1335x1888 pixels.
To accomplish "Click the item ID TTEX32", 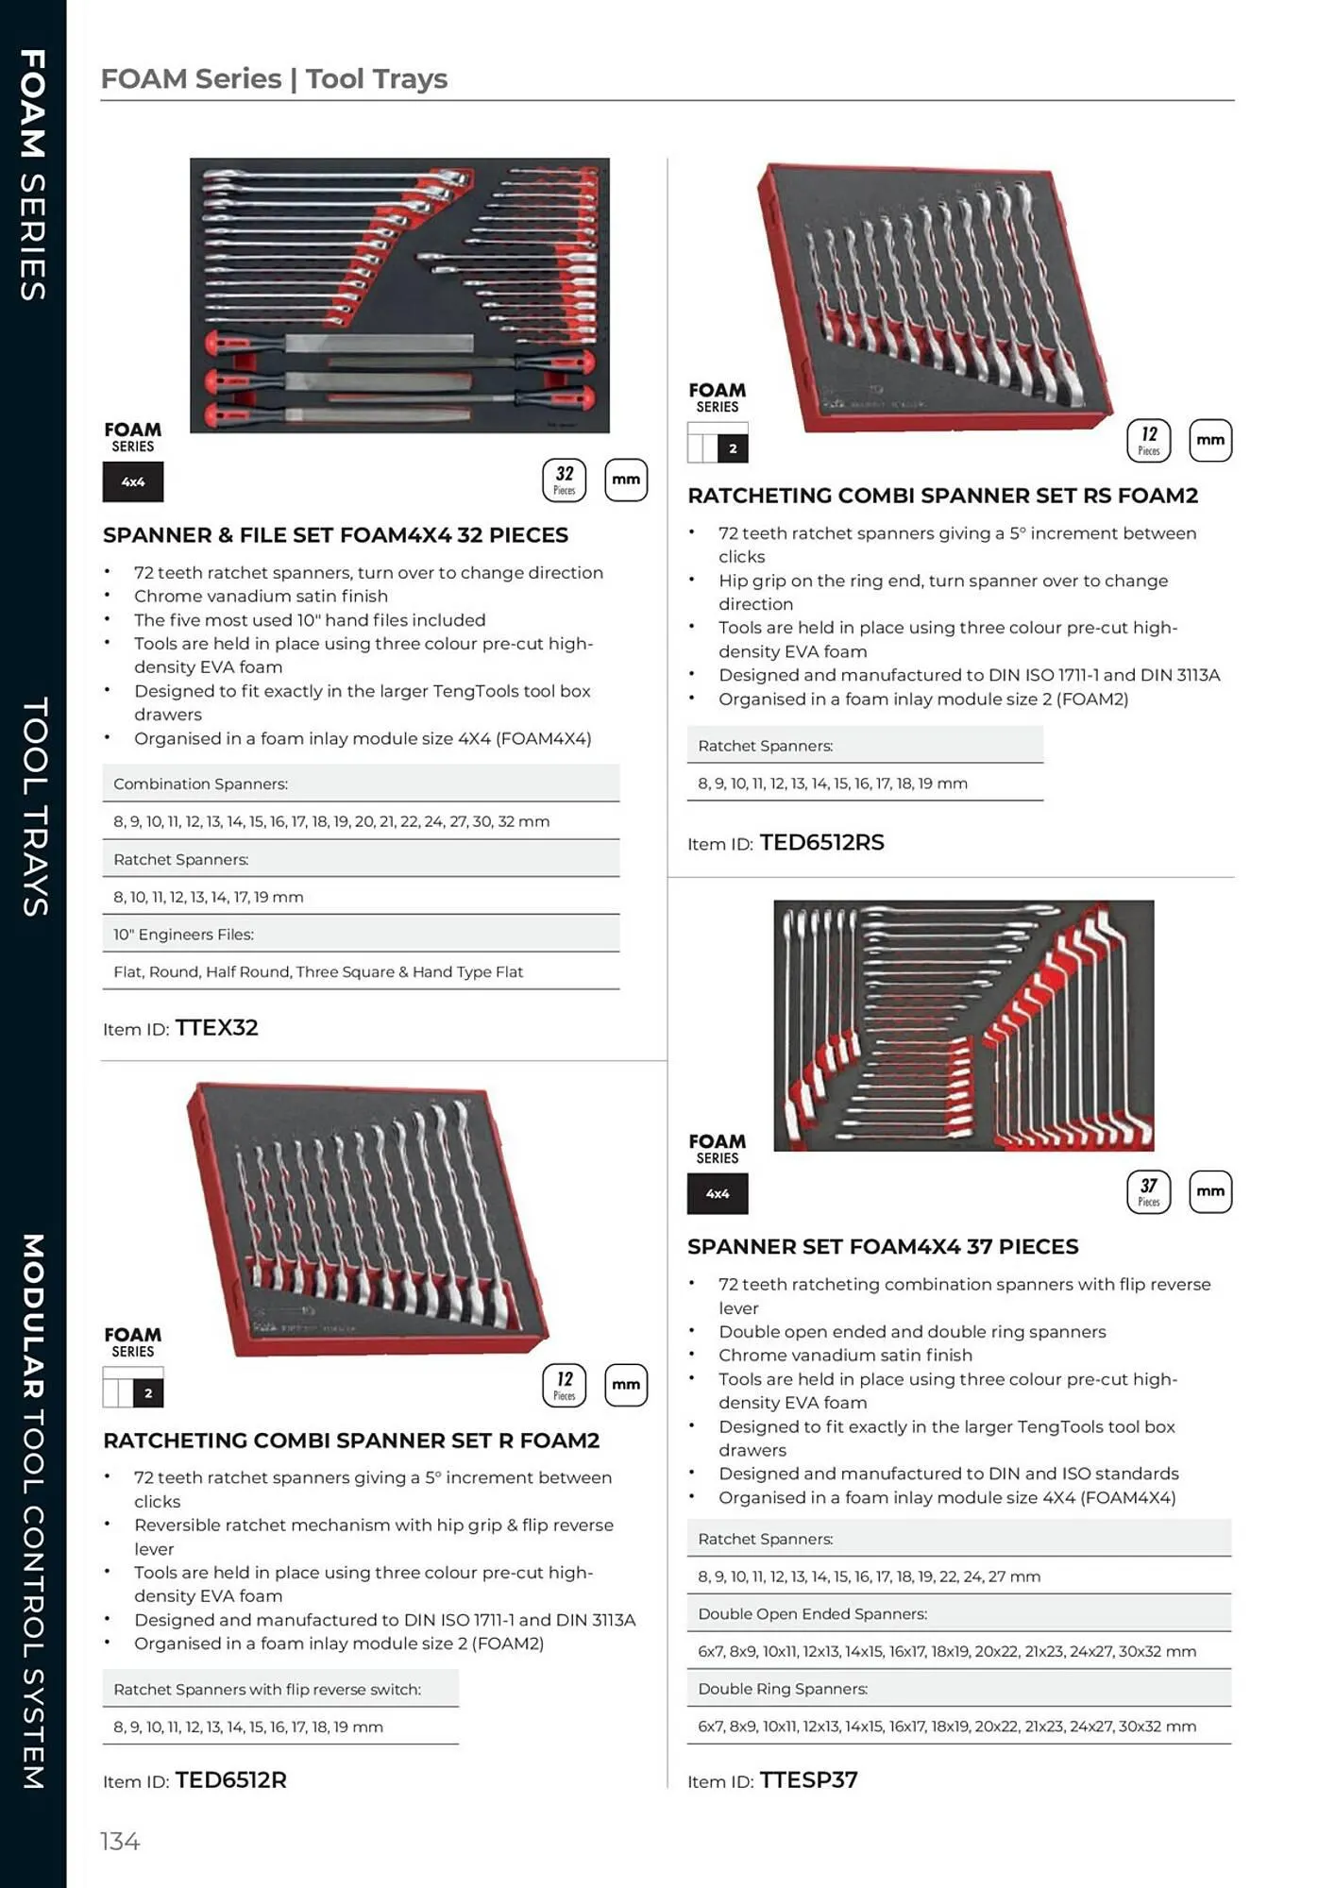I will point(216,1027).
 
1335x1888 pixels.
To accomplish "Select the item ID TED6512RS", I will point(821,842).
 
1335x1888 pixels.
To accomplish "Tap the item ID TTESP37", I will point(808,1779).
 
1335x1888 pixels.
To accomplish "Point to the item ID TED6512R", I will point(230,1779).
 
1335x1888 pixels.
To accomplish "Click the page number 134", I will point(120,1841).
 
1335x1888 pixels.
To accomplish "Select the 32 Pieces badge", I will point(564,480).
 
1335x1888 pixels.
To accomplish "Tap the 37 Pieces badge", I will point(1148,1191).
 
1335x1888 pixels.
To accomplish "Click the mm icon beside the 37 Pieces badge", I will point(1209,1191).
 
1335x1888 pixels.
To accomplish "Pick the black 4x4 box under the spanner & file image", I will point(133,481).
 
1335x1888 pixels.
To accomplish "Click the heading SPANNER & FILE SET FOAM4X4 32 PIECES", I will point(335,535).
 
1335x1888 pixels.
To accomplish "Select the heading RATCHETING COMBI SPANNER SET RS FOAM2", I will point(942,496).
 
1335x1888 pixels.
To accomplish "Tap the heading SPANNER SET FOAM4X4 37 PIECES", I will point(882,1246).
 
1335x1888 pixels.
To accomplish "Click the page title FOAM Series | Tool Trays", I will point(274,78).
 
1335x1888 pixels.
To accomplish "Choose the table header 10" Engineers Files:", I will point(183,934).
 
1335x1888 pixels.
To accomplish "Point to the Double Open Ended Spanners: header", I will point(812,1613).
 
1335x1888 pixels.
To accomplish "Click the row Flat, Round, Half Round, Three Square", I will point(317,971).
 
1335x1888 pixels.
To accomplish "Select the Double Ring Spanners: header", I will point(782,1689).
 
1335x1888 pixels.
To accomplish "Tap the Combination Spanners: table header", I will point(200,784).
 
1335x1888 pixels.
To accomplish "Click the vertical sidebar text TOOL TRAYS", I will point(34,807).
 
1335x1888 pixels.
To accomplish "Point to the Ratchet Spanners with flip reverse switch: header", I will point(267,1689).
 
